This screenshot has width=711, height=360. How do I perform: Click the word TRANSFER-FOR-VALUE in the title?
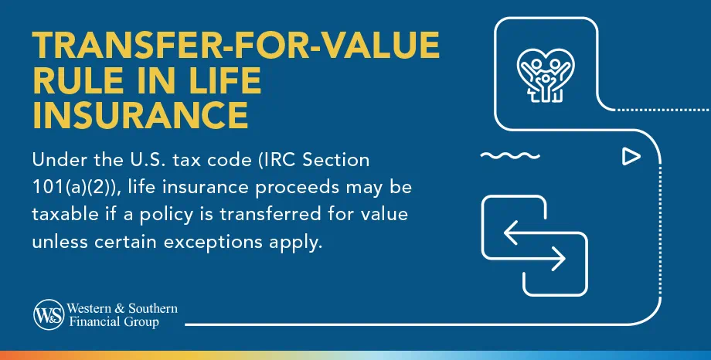tap(236, 45)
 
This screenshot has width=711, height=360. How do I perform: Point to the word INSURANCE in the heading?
tap(141, 116)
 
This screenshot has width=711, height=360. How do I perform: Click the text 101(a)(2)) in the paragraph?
tap(75, 187)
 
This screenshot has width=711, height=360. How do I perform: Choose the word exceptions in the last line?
tap(213, 242)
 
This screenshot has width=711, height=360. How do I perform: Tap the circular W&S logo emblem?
tap(49, 314)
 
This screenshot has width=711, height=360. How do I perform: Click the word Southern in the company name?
tap(153, 309)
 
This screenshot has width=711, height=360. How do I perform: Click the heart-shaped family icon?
tap(546, 75)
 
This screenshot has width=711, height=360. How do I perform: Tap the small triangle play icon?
tap(631, 156)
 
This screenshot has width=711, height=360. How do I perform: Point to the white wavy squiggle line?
tap(510, 156)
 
